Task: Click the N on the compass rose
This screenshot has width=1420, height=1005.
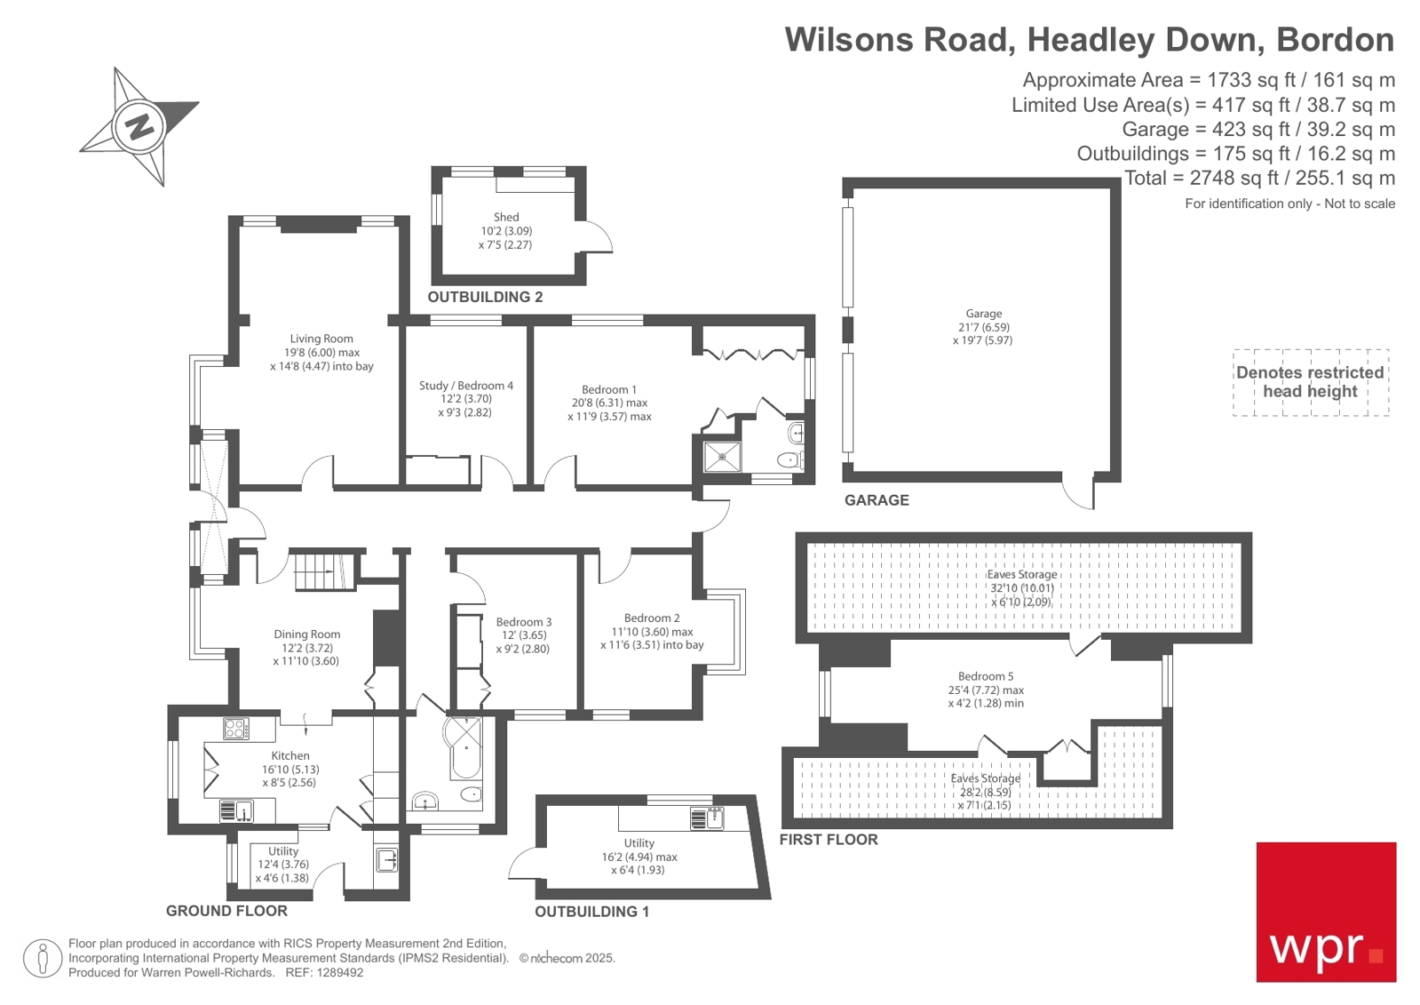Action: (139, 127)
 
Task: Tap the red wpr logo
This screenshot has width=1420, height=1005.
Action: (1325, 912)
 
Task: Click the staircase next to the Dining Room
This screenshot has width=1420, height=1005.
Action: (324, 570)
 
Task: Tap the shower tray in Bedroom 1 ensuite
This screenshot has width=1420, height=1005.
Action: (722, 458)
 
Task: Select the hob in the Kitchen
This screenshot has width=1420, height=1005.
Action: (235, 729)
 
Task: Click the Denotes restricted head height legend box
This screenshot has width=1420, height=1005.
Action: (1310, 382)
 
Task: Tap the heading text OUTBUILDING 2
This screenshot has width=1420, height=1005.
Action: (485, 297)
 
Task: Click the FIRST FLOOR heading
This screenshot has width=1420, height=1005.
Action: (828, 840)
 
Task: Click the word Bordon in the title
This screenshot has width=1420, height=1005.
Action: (1335, 40)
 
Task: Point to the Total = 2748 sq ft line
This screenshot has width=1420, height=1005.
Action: (1258, 178)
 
